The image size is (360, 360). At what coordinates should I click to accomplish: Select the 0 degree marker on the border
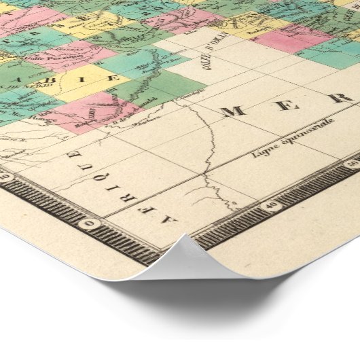tap(90, 223)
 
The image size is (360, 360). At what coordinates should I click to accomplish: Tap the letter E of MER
tap(285, 104)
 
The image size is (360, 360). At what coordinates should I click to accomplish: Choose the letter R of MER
tap(336, 97)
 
